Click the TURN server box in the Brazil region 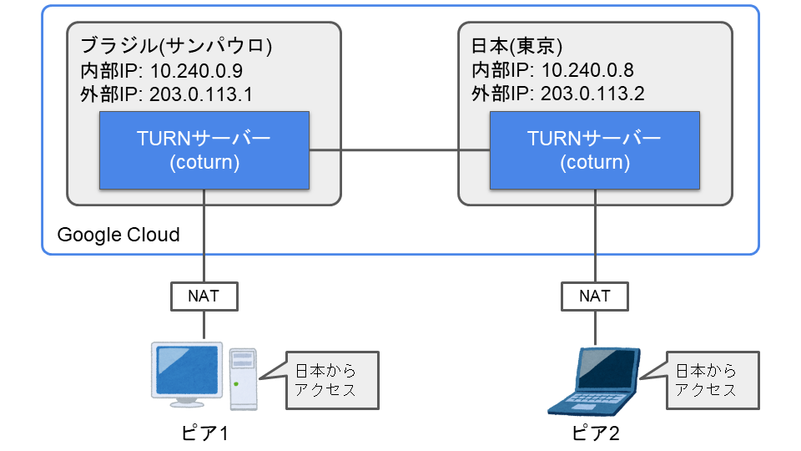[204, 150]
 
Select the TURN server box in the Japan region [595, 150]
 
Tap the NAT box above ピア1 [204, 296]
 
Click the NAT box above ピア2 [595, 296]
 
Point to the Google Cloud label [118, 235]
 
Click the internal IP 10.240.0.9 [196, 70]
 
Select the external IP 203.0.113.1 [201, 94]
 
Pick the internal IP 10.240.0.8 [587, 70]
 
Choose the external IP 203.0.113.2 [592, 94]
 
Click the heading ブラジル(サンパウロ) [176, 46]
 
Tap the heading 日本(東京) [516, 46]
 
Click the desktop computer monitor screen [187, 369]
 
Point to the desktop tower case [243, 379]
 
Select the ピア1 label [204, 433]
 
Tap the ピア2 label [595, 433]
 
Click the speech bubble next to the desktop [332, 380]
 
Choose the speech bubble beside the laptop [713, 380]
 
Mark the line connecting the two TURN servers [400, 150]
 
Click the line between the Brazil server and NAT [204, 236]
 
